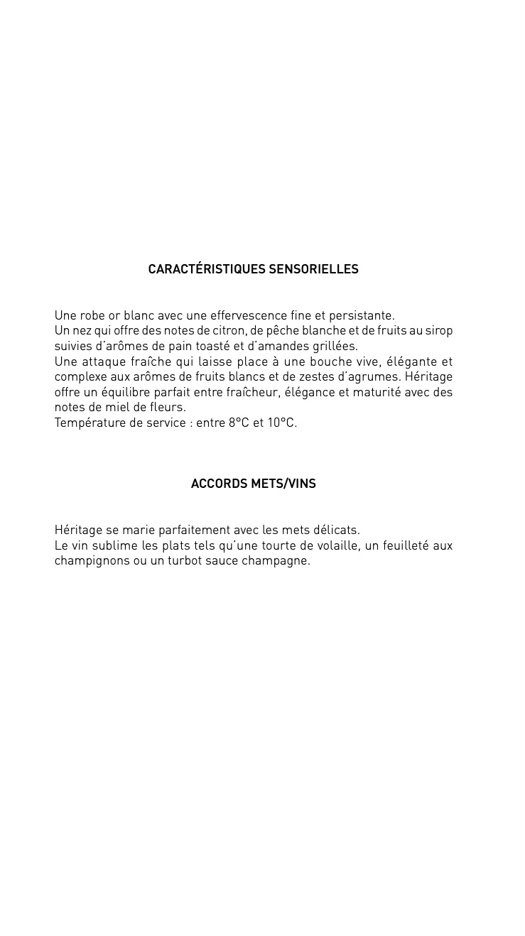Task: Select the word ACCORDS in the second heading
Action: click(219, 484)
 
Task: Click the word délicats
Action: click(337, 530)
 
